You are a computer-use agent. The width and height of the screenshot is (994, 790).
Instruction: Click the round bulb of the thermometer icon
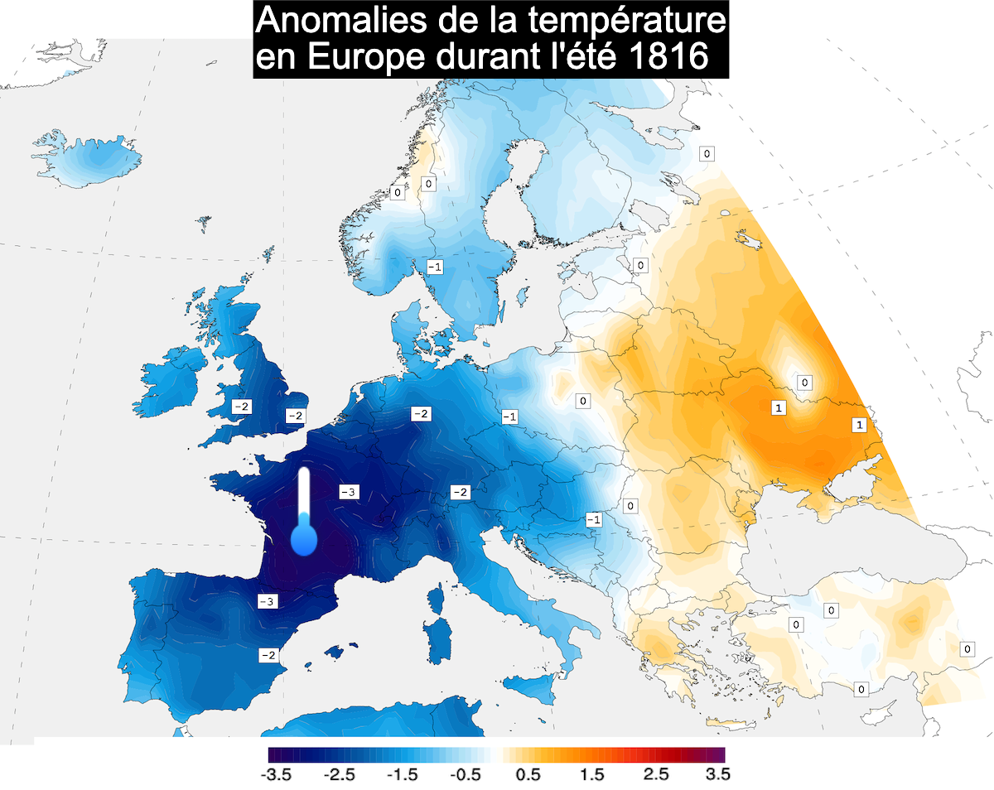305,541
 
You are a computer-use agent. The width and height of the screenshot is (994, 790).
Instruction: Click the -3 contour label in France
349,492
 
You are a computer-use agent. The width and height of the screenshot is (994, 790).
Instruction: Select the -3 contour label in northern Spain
267,601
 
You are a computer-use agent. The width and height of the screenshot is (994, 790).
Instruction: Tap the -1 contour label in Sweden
434,266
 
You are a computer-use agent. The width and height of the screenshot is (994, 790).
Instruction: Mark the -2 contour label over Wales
241,407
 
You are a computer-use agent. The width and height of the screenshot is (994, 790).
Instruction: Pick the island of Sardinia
435,633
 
